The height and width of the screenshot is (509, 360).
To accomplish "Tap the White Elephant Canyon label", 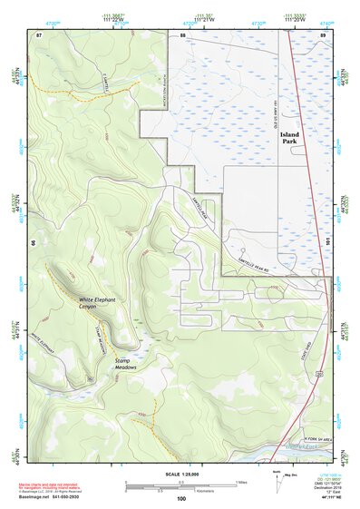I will [x=99, y=303].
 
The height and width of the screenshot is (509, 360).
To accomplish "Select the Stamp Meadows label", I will [x=125, y=363].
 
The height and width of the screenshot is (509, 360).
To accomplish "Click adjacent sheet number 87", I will [x=39, y=34].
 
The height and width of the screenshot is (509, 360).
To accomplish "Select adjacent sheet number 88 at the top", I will [x=182, y=34].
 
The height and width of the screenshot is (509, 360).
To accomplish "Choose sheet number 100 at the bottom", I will [x=181, y=498].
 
